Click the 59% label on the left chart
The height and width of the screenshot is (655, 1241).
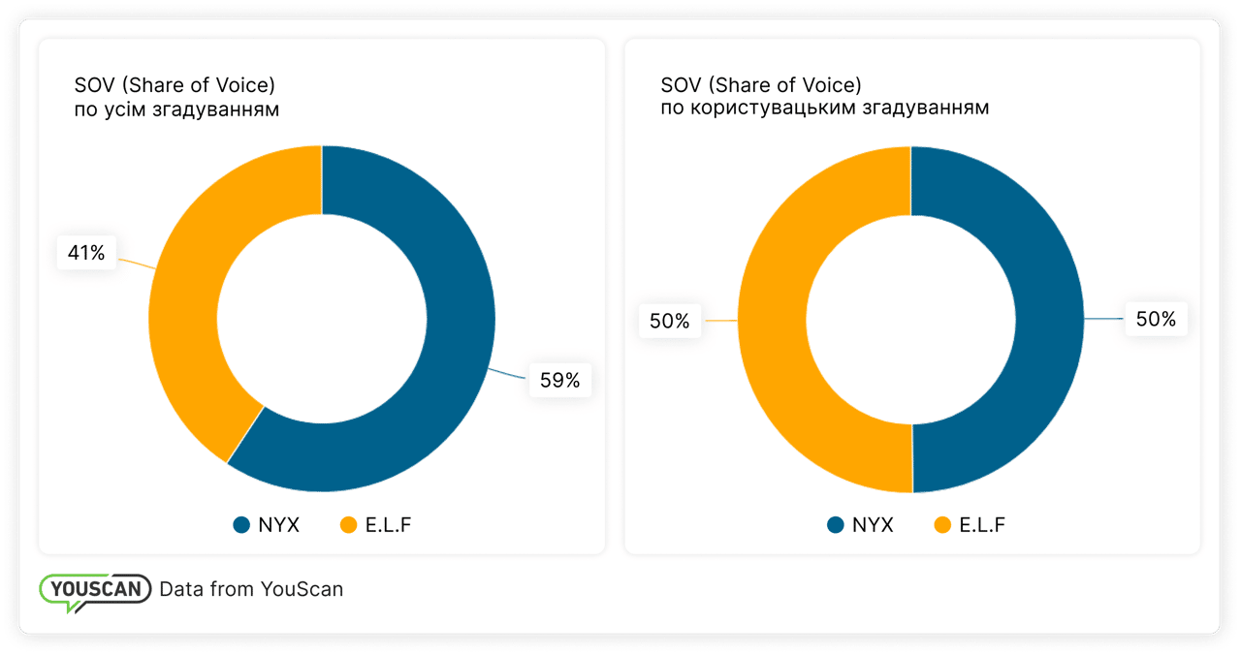(x=559, y=381)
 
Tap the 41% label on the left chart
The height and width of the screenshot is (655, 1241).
(x=85, y=254)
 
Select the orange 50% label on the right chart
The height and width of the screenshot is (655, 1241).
(x=669, y=321)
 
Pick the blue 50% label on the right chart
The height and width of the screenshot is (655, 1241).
(x=1156, y=319)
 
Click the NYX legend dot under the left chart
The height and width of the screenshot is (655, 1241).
(x=241, y=525)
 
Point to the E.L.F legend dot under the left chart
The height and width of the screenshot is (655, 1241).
(x=349, y=525)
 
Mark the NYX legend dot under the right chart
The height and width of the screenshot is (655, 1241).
(x=836, y=525)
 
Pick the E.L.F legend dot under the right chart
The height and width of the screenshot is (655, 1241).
(x=942, y=525)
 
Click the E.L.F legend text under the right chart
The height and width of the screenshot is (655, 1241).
(x=982, y=525)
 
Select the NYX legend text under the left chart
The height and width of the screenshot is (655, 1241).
(x=279, y=525)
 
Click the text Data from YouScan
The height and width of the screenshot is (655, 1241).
(x=251, y=589)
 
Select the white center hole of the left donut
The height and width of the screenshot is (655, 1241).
(x=321, y=319)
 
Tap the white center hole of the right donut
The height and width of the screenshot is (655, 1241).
(x=911, y=319)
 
